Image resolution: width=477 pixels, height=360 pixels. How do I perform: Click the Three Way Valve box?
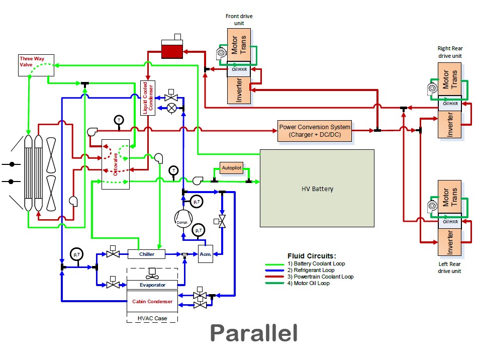(32, 65)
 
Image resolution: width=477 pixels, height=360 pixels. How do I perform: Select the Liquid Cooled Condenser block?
(148, 98)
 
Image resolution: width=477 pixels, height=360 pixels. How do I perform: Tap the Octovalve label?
(116, 164)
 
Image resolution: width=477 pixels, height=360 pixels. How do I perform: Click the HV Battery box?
(317, 189)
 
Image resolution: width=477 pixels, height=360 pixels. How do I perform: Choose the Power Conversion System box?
(315, 131)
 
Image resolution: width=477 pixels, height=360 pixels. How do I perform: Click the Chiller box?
(147, 254)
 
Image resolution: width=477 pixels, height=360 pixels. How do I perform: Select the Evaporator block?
(152, 285)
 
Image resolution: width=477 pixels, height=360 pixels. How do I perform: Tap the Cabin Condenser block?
(152, 302)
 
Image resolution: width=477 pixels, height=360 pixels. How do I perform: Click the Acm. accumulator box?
(205, 254)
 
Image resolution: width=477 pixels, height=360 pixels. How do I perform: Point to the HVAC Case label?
(152, 318)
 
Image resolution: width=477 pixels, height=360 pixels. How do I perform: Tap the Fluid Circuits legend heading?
(312, 256)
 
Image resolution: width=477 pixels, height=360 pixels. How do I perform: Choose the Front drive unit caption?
(239, 20)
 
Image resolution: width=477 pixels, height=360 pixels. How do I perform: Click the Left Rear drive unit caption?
(449, 267)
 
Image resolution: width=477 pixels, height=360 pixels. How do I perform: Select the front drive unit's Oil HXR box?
(239, 69)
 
